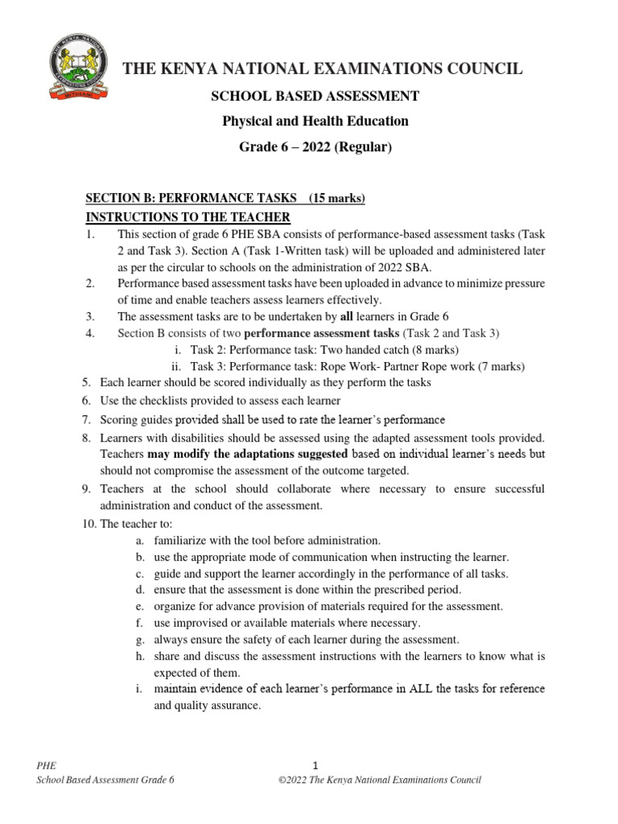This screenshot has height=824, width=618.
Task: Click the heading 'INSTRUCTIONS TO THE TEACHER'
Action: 187,218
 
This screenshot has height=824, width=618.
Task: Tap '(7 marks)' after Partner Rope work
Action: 499,366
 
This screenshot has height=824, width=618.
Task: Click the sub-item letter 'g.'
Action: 140,640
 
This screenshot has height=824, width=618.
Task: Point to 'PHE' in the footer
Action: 47,765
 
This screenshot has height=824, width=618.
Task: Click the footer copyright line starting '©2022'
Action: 378,780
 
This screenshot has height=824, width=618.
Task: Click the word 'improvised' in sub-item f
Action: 194,623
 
